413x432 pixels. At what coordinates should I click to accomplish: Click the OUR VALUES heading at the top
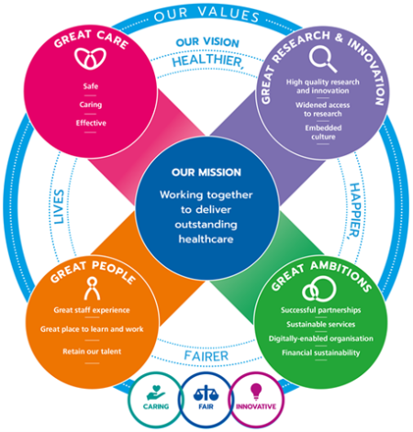206,16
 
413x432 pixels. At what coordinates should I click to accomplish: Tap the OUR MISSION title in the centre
206,172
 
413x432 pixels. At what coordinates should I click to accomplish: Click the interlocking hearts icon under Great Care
89,59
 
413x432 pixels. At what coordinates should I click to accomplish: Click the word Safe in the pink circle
90,87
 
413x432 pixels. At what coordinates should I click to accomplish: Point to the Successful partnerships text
320,309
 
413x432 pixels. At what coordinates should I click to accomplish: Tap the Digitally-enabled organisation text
320,338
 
